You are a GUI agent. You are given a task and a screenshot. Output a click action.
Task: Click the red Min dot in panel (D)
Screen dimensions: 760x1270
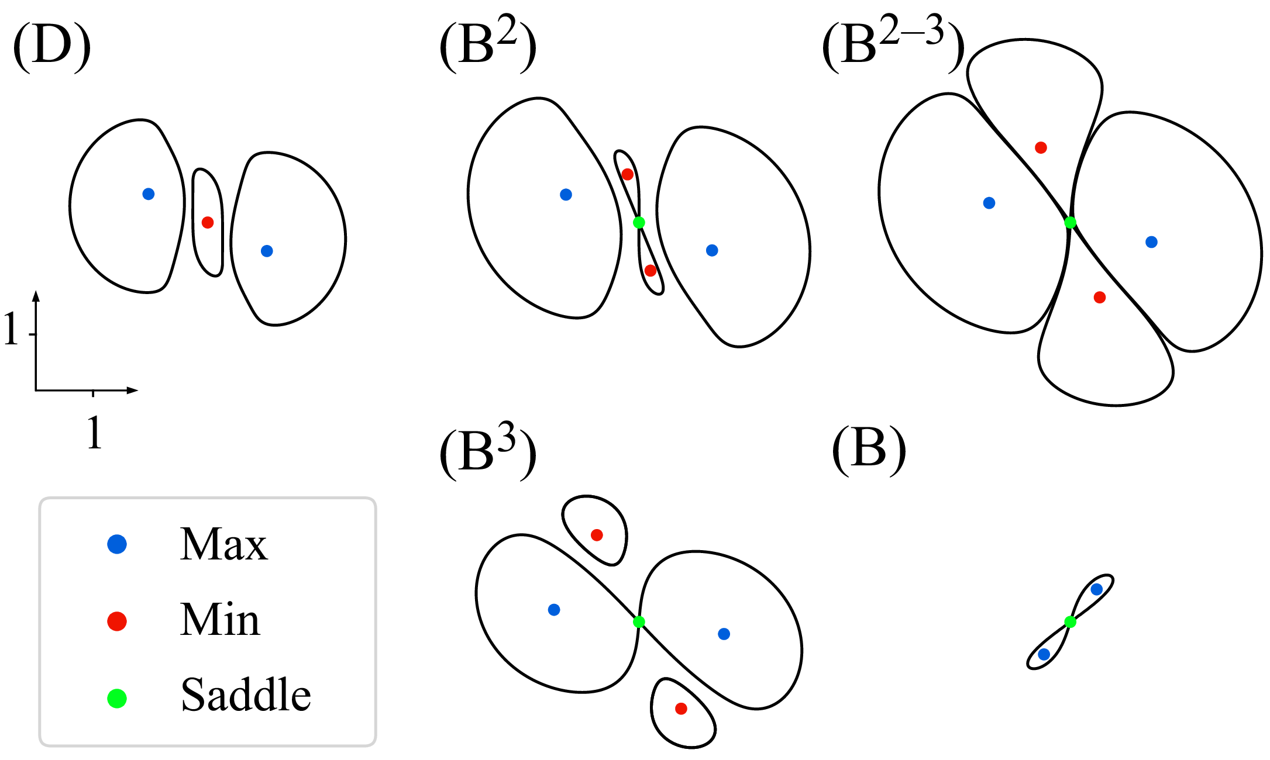[208, 222]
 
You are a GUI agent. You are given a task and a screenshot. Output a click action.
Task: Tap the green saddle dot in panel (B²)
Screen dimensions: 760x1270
[639, 222]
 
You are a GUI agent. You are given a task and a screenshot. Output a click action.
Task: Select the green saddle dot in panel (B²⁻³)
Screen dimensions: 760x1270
[1070, 222]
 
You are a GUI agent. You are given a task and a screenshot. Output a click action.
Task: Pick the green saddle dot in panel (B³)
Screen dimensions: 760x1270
[639, 621]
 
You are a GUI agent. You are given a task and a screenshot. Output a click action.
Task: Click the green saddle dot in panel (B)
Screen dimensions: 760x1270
[1070, 621]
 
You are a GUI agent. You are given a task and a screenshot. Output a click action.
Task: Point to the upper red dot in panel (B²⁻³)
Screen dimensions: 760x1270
[1041, 148]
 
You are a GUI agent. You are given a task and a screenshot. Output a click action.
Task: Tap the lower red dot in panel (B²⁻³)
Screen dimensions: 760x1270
[1100, 298]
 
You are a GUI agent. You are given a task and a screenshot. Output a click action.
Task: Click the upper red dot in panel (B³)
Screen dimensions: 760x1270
[597, 535]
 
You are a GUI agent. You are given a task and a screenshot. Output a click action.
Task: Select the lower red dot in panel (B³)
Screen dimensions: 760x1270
[681, 709]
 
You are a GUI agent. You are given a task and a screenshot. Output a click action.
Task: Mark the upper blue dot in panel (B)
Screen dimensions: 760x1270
[1097, 589]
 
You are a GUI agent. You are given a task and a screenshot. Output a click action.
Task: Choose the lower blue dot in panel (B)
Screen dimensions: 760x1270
[1044, 654]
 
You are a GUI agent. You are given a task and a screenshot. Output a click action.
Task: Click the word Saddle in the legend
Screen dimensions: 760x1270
[246, 695]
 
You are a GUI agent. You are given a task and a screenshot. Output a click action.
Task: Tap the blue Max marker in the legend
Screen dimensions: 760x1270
[117, 544]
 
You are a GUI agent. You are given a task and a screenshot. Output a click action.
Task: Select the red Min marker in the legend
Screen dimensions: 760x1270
[117, 621]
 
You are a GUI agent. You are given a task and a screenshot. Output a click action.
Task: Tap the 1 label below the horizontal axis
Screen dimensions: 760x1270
[94, 433]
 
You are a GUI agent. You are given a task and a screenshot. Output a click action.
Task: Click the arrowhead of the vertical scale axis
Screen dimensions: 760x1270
[36, 295]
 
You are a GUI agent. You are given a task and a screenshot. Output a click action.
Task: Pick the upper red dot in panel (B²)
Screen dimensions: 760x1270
[628, 174]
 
